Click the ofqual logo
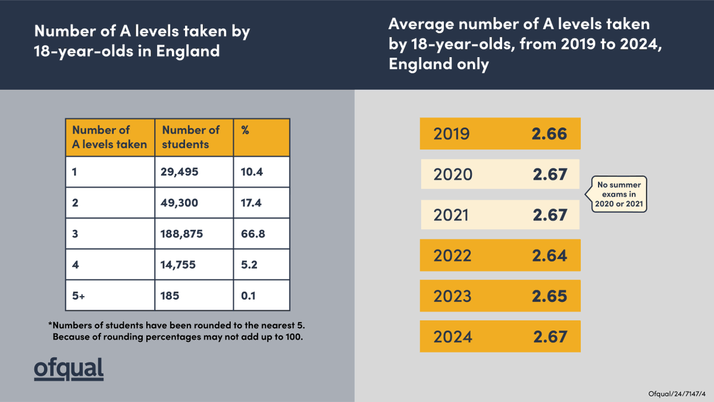(x=68, y=369)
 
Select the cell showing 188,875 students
(x=181, y=234)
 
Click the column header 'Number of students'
(x=191, y=137)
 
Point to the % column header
(x=245, y=130)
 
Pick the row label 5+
(x=79, y=295)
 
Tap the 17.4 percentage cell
(x=252, y=203)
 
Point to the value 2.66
(x=549, y=134)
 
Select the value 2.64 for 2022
(x=549, y=255)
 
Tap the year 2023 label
(x=452, y=296)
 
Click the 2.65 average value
(x=549, y=296)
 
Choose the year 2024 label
(x=452, y=336)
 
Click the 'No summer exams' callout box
(x=619, y=194)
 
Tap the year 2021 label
(x=451, y=215)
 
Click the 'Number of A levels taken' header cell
(x=109, y=137)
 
